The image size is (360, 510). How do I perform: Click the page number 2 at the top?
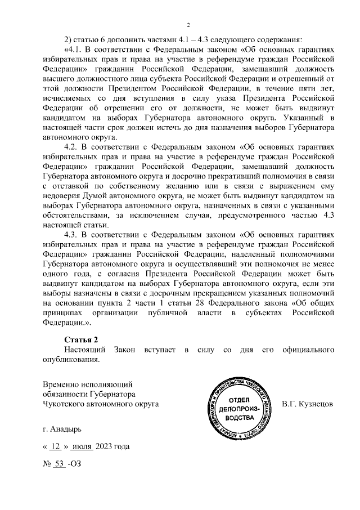[188, 25]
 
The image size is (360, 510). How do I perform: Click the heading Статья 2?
[82, 339]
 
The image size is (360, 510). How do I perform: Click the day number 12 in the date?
[55, 447]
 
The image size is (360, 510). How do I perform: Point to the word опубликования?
[71, 360]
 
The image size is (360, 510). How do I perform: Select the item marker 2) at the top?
[69, 39]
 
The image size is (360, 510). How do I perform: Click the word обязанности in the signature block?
[64, 393]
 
